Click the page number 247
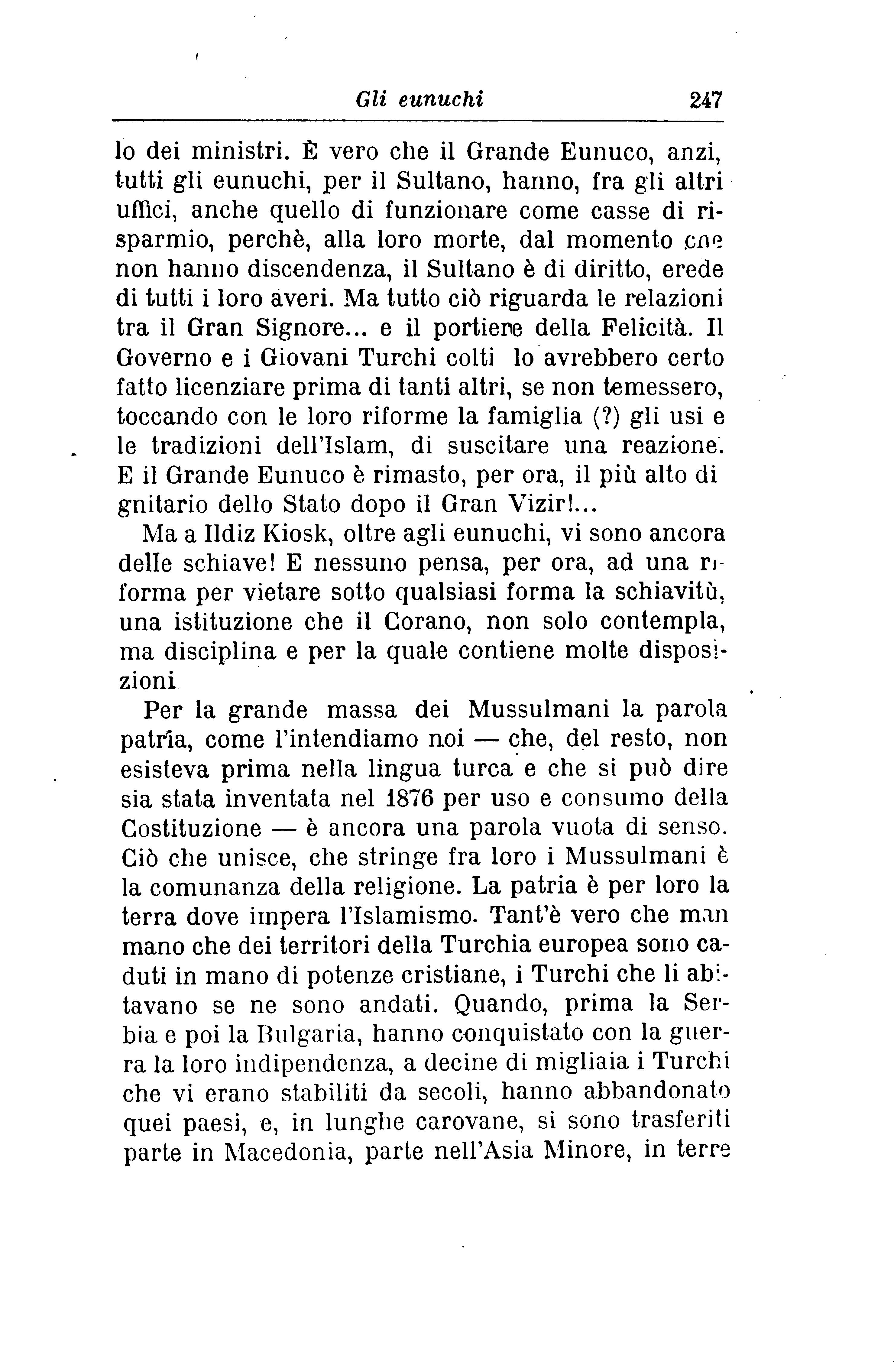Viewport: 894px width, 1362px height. pyautogui.click(x=706, y=100)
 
